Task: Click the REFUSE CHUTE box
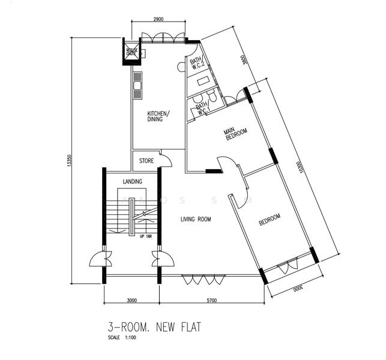[131, 52]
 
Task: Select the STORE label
[146, 161]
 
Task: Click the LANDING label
[132, 181]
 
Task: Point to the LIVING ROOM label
[196, 220]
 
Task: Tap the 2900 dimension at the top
[158, 20]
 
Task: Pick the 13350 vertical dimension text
[70, 161]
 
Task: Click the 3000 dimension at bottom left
[131, 301]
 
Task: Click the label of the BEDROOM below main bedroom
[270, 220]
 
